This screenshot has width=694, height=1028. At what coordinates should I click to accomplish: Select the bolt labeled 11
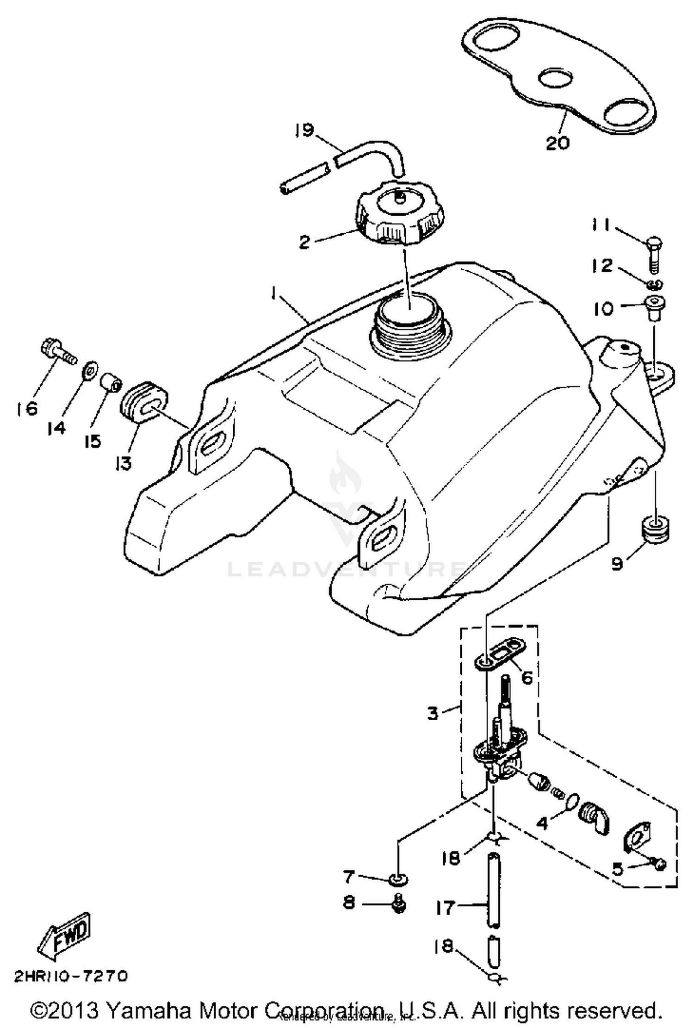click(654, 255)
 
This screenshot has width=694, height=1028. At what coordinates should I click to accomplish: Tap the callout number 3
click(432, 713)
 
